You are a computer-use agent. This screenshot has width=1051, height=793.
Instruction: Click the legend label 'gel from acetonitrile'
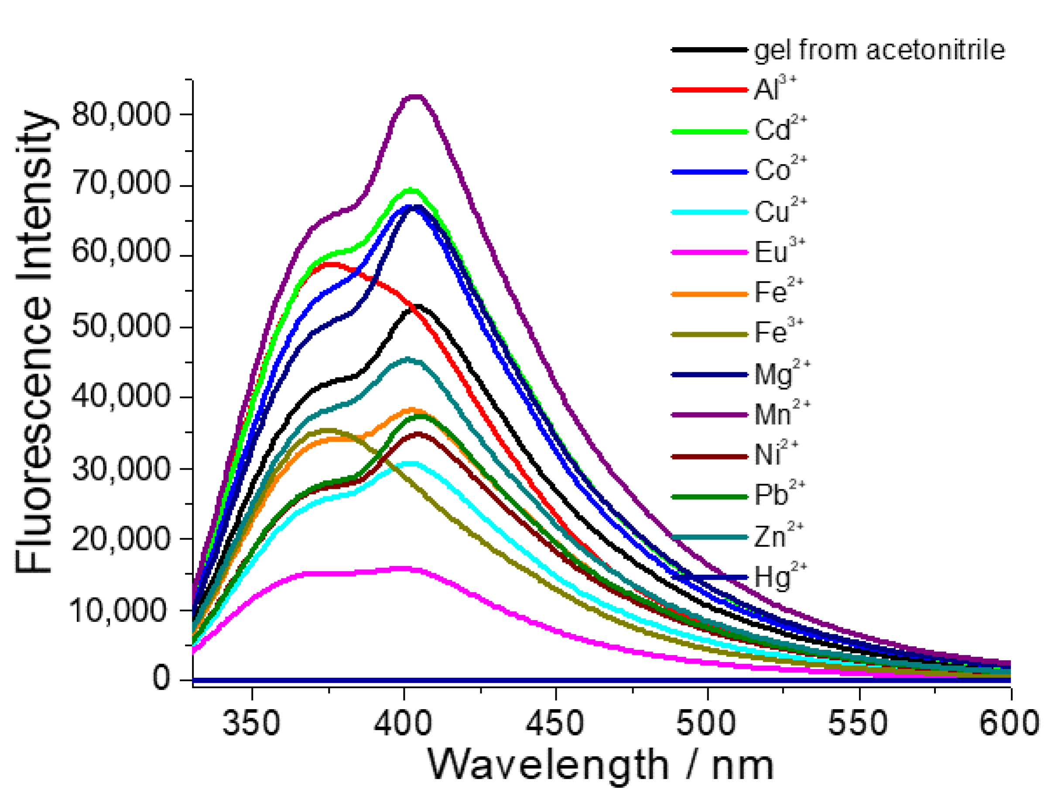click(879, 50)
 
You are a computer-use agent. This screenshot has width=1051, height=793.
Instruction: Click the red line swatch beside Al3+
click(709, 90)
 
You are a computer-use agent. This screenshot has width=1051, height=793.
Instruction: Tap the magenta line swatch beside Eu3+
click(709, 252)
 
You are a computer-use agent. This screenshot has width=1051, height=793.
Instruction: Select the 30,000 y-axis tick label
click(121, 469)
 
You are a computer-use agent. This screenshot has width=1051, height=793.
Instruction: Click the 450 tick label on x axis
click(555, 723)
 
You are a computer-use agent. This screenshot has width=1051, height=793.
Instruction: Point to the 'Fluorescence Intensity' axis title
click(34, 342)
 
